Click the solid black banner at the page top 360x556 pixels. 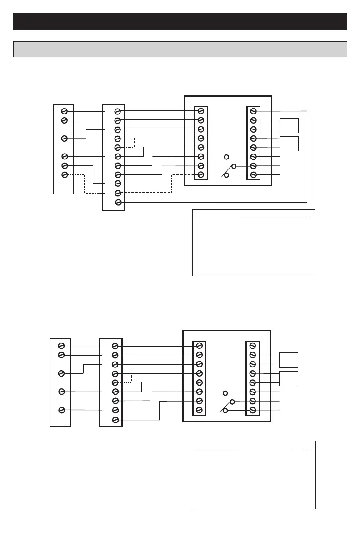click(x=180, y=21)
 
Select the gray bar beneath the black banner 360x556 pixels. click(x=180, y=49)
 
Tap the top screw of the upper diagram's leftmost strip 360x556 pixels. click(x=65, y=111)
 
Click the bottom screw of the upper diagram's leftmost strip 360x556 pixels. click(x=65, y=175)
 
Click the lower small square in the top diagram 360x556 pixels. click(x=289, y=143)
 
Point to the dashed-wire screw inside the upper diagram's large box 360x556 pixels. click(x=200, y=175)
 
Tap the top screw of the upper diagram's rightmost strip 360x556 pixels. click(x=254, y=111)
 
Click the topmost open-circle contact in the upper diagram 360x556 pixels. click(x=226, y=157)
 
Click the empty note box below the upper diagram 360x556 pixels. click(x=254, y=243)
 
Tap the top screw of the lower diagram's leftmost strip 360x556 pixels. click(x=60, y=346)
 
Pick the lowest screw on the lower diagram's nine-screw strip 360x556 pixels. click(x=115, y=419)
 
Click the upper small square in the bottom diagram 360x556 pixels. click(x=289, y=360)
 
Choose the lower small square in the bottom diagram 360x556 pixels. click(x=289, y=378)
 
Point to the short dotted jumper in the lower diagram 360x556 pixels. click(x=129, y=378)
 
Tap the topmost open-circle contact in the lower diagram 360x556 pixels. click(x=225, y=392)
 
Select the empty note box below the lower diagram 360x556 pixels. click(x=254, y=475)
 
